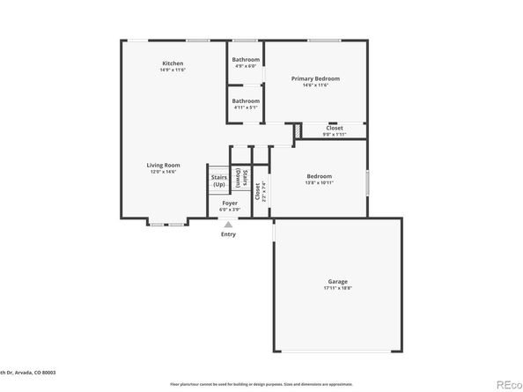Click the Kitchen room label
tap(172, 63)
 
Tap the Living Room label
tap(163, 165)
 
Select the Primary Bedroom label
tap(315, 78)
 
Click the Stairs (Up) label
tap(219, 181)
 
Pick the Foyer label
tap(229, 203)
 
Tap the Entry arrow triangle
tap(228, 225)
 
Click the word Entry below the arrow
tap(228, 234)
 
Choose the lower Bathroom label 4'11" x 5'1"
tap(246, 100)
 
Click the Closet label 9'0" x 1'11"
tap(335, 128)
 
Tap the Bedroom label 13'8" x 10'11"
tap(319, 175)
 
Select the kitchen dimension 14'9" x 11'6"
tap(172, 70)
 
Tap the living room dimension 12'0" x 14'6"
tap(163, 171)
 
